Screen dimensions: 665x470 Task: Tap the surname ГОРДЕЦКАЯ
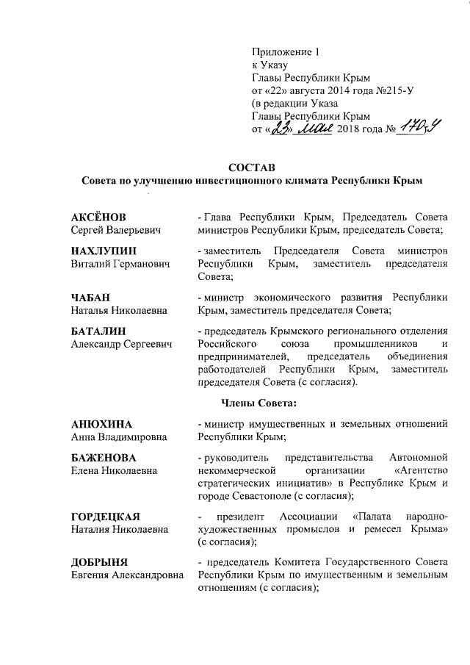coord(106,515)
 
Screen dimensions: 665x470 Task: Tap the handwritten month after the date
coord(314,130)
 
